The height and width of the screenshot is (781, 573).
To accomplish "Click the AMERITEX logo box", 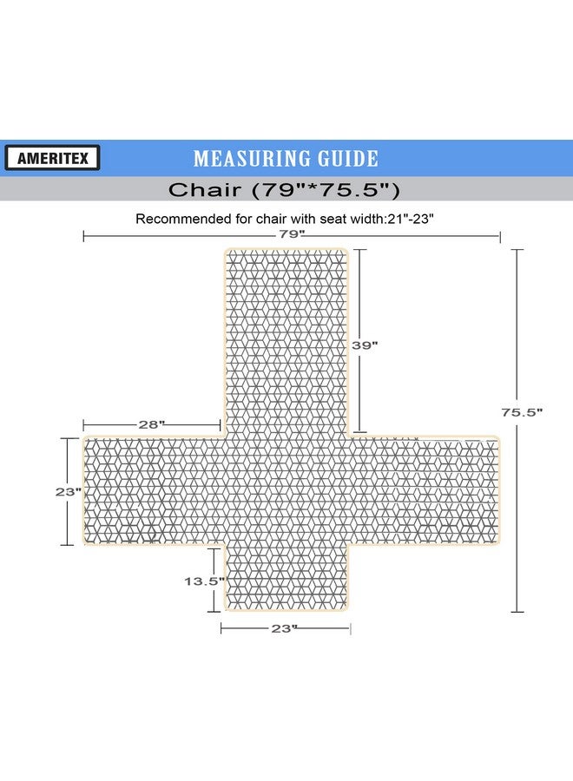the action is (x=52, y=158).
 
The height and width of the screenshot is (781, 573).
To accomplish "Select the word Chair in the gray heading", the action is (x=204, y=190).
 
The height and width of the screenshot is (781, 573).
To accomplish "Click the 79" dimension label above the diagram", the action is (x=292, y=233).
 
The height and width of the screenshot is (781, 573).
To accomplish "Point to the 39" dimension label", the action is (x=365, y=345).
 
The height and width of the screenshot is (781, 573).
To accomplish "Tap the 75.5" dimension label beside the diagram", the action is (x=522, y=412).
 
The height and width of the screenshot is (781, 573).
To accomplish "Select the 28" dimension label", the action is (x=151, y=425).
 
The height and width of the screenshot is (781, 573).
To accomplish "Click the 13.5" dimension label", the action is (x=205, y=581).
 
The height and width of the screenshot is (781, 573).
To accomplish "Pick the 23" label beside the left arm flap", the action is (x=69, y=492).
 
